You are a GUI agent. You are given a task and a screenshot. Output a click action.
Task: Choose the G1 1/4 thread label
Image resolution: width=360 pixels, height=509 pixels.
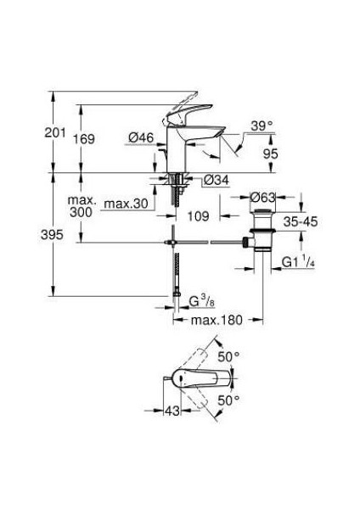click(296, 261)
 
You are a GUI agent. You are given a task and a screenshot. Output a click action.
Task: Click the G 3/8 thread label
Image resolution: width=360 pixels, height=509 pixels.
click(203, 299)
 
